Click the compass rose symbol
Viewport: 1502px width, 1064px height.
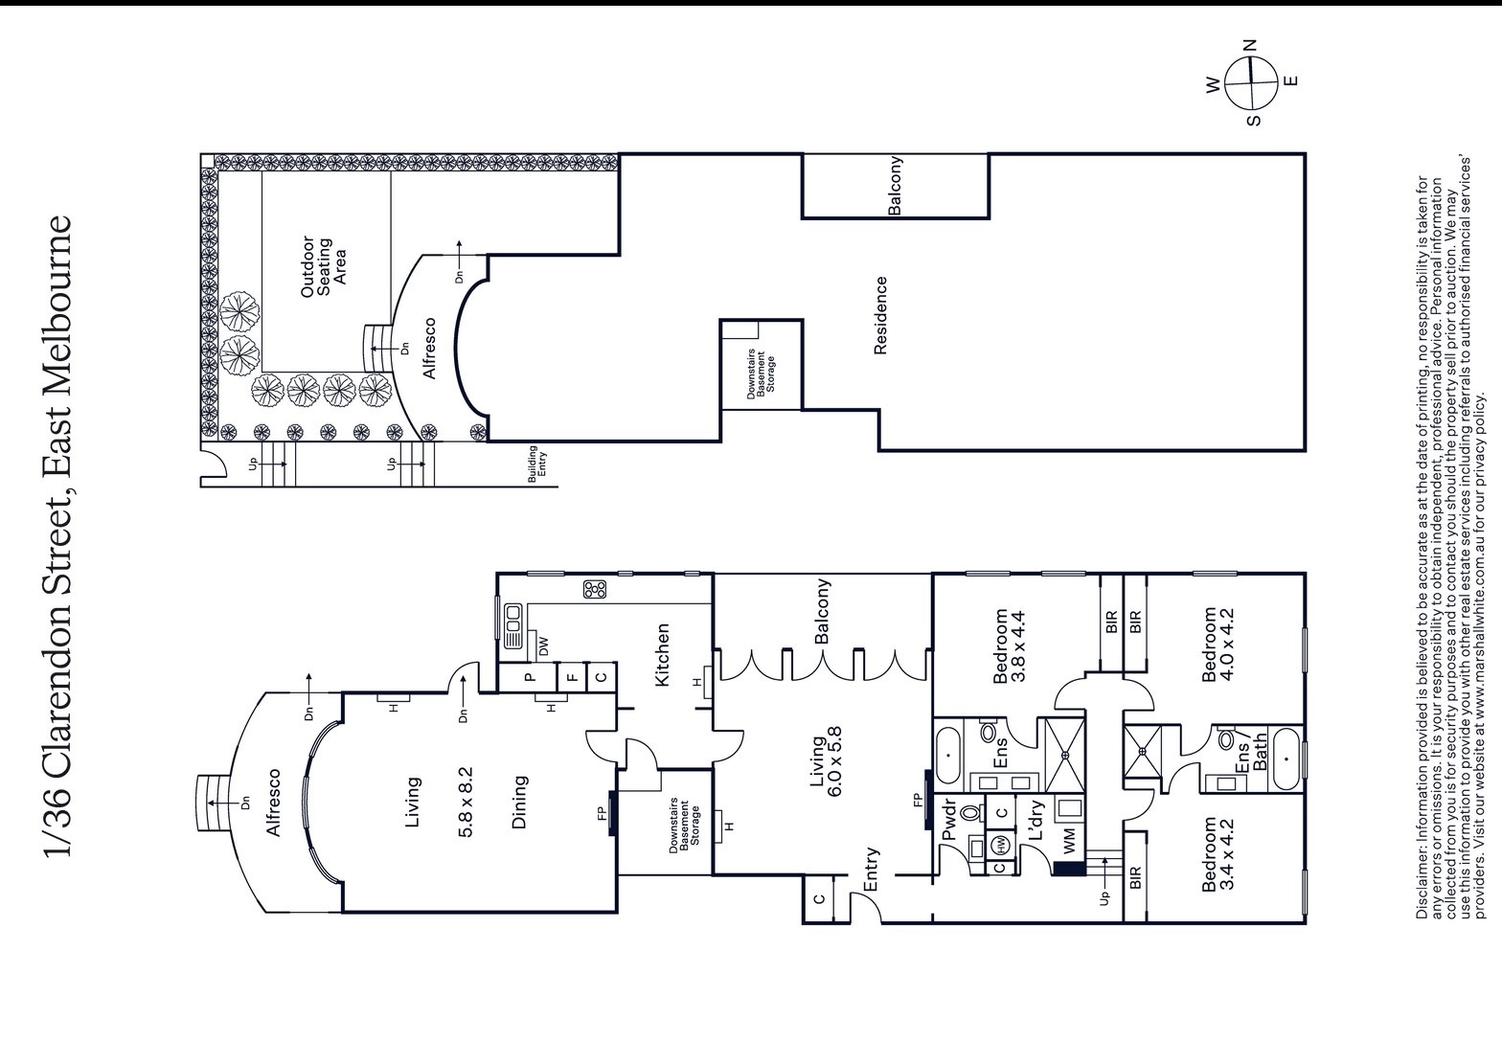pyautogui.click(x=1251, y=83)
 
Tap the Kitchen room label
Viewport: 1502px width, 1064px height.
pyautogui.click(x=662, y=655)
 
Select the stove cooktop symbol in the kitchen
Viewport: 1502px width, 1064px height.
pyautogui.click(x=595, y=589)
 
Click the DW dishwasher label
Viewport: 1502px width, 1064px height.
pyautogui.click(x=544, y=645)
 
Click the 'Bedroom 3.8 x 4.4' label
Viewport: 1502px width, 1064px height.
pyautogui.click(x=1010, y=645)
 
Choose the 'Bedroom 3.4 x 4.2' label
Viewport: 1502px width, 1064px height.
pyautogui.click(x=1218, y=853)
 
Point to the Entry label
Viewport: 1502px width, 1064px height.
pyautogui.click(x=871, y=870)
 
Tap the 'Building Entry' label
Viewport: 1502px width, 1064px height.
pyautogui.click(x=537, y=464)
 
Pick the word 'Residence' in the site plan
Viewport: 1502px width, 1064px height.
pyautogui.click(x=880, y=316)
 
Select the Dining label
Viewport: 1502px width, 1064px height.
pyautogui.click(x=519, y=802)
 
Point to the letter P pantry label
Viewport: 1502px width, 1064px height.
pyautogui.click(x=531, y=676)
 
